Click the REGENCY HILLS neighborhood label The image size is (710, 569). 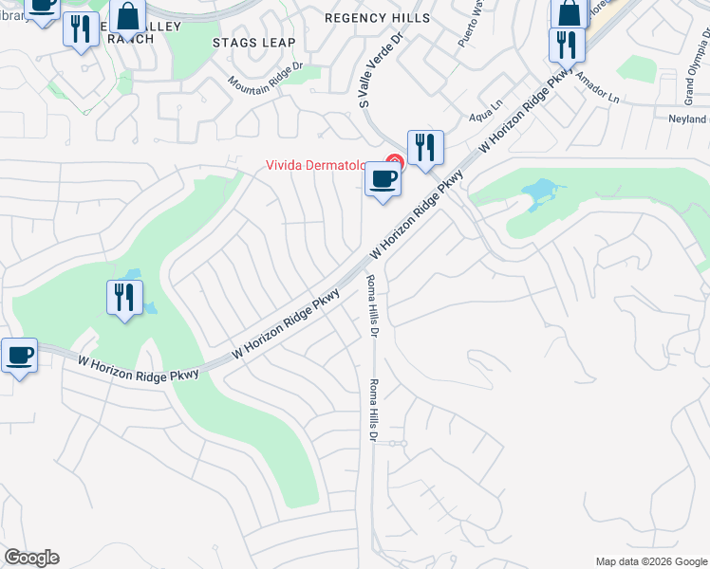pyautogui.click(x=377, y=18)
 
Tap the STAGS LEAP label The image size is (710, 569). pyautogui.click(x=253, y=43)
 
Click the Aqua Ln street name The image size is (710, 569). pyautogui.click(x=485, y=118)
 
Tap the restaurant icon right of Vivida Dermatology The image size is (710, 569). pyautogui.click(x=425, y=147)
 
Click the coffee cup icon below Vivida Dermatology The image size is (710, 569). pyautogui.click(x=383, y=178)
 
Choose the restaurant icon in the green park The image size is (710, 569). pyautogui.click(x=124, y=298)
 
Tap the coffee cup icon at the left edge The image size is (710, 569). pyautogui.click(x=19, y=356)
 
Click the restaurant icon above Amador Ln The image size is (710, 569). pyautogui.click(x=567, y=45)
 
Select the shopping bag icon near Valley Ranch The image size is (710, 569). pyautogui.click(x=126, y=17)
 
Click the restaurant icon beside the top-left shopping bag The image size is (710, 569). pyautogui.click(x=81, y=28)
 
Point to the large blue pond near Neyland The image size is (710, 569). pyautogui.click(x=538, y=193)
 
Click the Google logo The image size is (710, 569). pyautogui.click(x=31, y=558)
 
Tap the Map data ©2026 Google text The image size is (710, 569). pyautogui.click(x=650, y=561)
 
